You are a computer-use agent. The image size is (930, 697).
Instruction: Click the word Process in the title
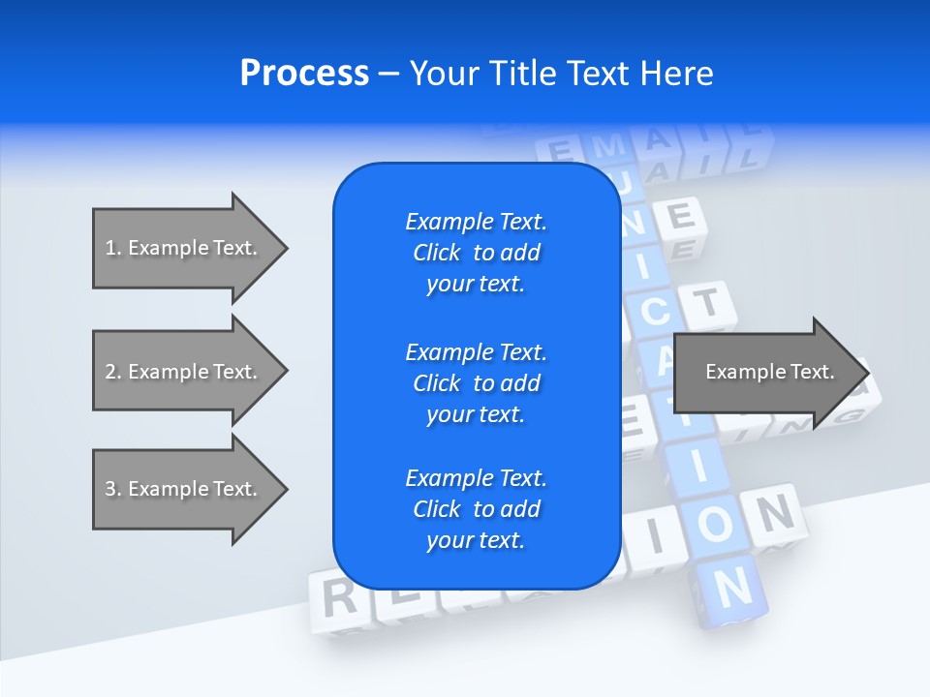click(304, 74)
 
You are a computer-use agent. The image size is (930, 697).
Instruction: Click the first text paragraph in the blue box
click(476, 253)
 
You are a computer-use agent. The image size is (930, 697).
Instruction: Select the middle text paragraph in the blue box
click(476, 383)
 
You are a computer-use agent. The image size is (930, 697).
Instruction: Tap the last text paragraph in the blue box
click(476, 509)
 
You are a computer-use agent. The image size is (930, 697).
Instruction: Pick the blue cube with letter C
click(655, 312)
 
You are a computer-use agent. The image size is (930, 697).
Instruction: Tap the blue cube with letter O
click(714, 525)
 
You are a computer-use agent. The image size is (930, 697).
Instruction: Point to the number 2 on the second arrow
click(111, 372)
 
